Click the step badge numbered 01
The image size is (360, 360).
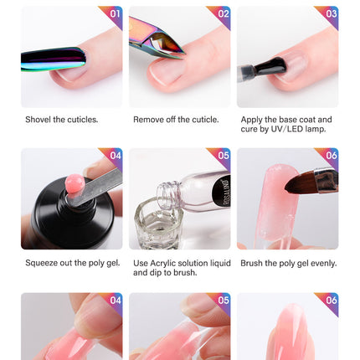pos(115,14)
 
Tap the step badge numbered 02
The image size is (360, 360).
pos(223,14)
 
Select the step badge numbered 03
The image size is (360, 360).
pos(331,14)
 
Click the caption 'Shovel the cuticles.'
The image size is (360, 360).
pos(61,120)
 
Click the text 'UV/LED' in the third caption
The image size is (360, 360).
pos(291,130)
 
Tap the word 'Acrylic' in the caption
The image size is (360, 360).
pos(165,263)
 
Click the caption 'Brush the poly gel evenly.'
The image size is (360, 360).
pos(288,263)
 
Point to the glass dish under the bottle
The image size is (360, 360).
pos(157,226)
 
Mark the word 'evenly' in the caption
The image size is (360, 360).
pos(322,263)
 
